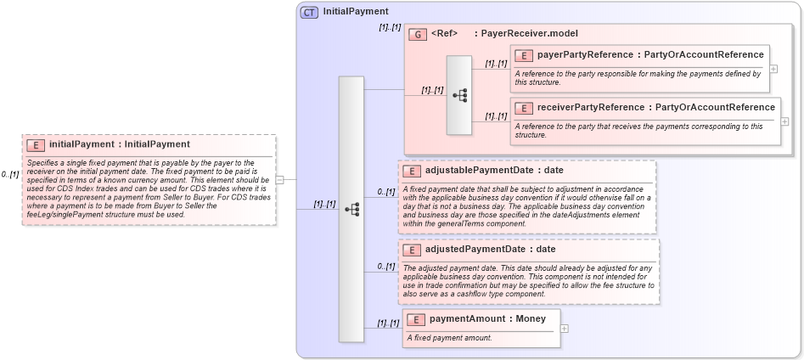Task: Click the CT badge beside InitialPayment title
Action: (x=309, y=12)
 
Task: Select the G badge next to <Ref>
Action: (x=417, y=34)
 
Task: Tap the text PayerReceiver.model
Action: (x=529, y=34)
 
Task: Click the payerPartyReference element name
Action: (x=585, y=55)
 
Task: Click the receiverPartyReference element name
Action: (x=591, y=108)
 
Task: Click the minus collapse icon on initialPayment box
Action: (x=280, y=179)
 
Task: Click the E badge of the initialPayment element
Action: (x=35, y=144)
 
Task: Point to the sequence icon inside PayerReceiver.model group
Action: (x=459, y=95)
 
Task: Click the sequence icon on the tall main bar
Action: (x=351, y=208)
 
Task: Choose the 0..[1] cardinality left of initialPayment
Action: (x=10, y=174)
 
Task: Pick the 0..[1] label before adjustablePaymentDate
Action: (x=386, y=192)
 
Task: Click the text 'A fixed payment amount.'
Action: (x=449, y=338)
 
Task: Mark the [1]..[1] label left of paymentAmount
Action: (x=387, y=323)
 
